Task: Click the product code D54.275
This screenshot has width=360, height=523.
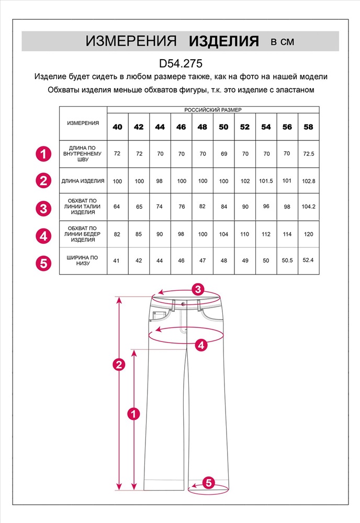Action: point(180,63)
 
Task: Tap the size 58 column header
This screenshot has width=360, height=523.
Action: point(308,127)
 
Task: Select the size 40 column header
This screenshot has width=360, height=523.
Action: point(117,127)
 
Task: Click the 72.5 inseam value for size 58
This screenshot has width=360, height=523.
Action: point(308,154)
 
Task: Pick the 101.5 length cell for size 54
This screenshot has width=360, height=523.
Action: point(266,181)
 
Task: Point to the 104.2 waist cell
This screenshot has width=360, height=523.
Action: point(308,207)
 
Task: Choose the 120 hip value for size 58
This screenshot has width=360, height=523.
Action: point(308,234)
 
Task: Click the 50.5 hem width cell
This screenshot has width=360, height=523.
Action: point(287,260)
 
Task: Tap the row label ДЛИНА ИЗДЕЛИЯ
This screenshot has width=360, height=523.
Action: point(83,181)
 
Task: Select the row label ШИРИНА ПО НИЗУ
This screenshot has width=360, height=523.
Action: point(83,260)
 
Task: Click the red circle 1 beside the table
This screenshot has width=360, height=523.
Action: point(43,154)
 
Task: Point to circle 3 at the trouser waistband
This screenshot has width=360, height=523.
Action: point(197,289)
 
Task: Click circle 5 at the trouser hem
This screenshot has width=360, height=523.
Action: point(208,483)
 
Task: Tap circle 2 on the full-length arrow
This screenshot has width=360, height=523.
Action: point(119,365)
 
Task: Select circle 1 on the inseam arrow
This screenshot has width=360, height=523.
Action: point(134,414)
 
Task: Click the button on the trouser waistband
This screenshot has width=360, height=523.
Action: point(183,304)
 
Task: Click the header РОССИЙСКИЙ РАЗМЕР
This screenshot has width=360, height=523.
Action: point(213,110)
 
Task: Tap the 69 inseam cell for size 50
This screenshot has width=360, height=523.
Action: point(223,154)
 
